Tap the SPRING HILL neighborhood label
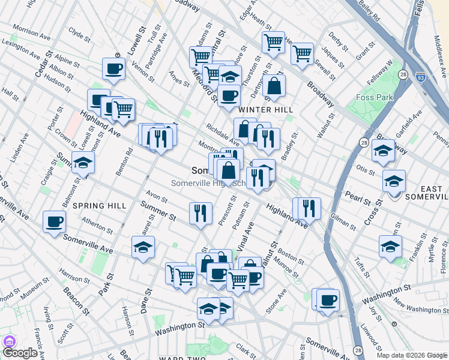point(99,205)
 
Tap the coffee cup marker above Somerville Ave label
point(54,221)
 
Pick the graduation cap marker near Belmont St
point(83,162)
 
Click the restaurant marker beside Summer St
point(200,213)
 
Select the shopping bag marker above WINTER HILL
point(274,86)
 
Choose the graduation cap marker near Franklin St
point(390,246)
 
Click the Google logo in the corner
point(20,353)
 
